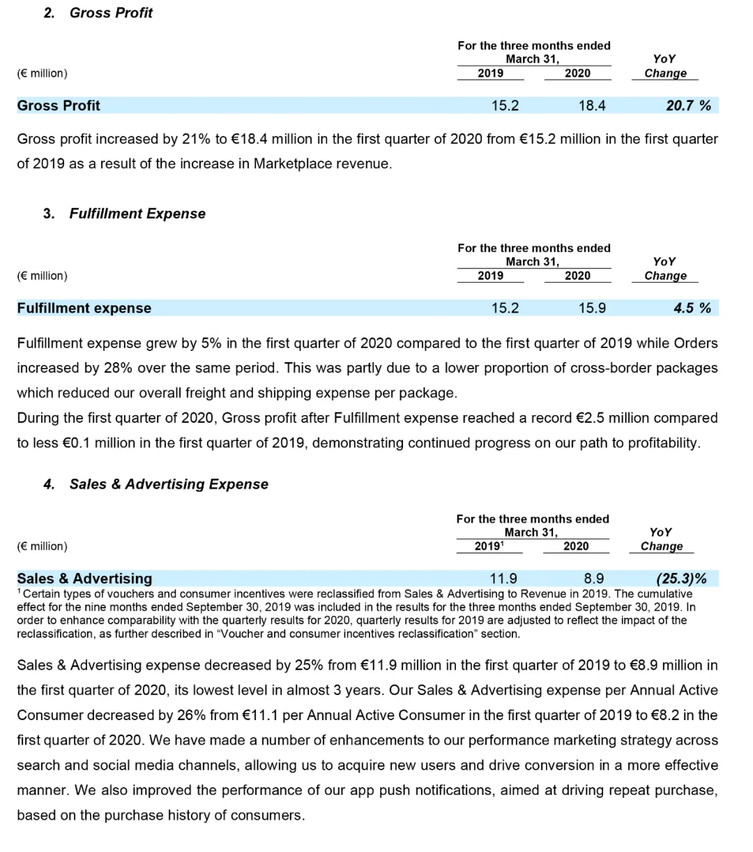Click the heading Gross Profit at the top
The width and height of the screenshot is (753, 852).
click(111, 13)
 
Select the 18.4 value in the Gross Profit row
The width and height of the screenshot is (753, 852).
click(592, 105)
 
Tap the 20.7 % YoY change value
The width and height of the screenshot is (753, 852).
click(688, 105)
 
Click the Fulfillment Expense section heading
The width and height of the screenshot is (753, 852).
click(137, 214)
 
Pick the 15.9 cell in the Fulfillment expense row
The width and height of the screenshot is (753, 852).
click(592, 308)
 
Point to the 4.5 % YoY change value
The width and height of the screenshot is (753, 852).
click(692, 308)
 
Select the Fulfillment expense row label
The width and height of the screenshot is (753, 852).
click(84, 308)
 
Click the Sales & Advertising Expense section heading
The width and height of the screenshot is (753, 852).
click(169, 484)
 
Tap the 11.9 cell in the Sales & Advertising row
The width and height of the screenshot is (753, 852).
click(503, 578)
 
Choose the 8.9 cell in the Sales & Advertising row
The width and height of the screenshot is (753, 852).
click(594, 578)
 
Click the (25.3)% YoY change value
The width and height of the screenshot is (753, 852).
click(681, 578)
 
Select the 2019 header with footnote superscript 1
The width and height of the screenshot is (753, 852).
click(488, 546)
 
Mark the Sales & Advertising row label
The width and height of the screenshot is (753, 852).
click(84, 578)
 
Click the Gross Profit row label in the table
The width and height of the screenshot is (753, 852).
click(59, 105)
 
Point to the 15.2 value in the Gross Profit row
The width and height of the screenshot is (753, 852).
click(505, 105)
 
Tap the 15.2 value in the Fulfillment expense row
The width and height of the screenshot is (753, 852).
click(505, 308)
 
